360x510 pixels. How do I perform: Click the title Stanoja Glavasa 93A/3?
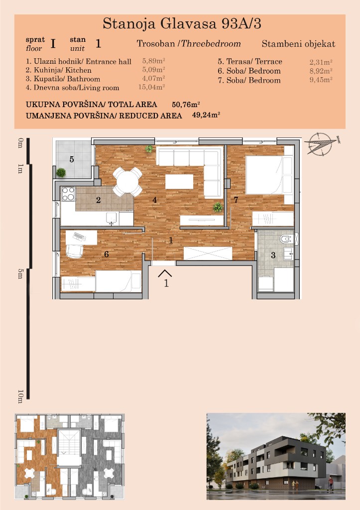point(182,24)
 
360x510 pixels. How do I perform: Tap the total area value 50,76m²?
point(186,105)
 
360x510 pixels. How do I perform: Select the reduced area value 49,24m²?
point(206,115)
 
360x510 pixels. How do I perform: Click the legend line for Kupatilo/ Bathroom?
point(63,79)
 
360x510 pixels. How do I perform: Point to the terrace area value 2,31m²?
point(321,62)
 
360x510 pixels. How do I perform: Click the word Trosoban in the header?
point(156,44)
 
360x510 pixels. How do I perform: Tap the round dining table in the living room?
point(127,181)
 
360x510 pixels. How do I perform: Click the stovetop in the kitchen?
point(68,194)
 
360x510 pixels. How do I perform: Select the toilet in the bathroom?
point(287,240)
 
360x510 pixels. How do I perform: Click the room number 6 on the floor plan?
point(107,254)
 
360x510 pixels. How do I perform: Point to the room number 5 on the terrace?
point(72,159)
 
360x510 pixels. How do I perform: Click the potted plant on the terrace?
point(61,172)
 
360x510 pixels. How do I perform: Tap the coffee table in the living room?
point(179,181)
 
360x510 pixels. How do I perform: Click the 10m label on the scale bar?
point(20,396)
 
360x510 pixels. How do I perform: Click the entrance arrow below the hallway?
point(165,273)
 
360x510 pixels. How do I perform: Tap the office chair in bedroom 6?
point(75,251)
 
